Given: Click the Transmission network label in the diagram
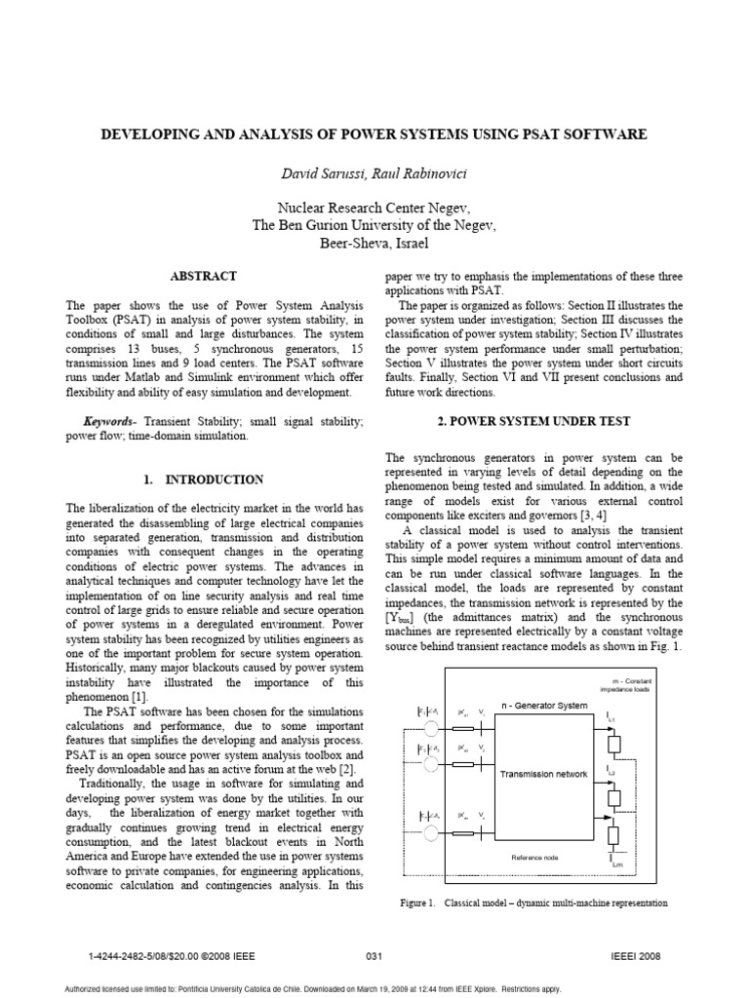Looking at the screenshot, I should pos(543,774).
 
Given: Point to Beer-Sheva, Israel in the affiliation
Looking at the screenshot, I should pos(375,243).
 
